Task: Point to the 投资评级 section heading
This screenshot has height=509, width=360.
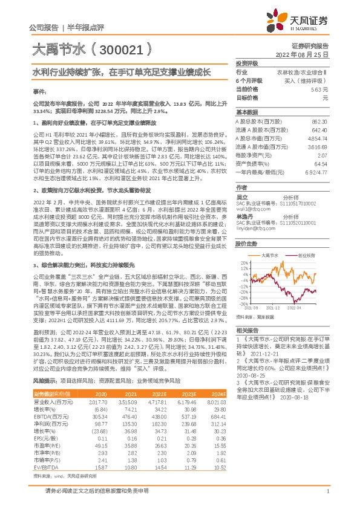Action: pyautogui.click(x=247, y=63)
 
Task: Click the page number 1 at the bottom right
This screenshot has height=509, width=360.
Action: pyautogui.click(x=327, y=498)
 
